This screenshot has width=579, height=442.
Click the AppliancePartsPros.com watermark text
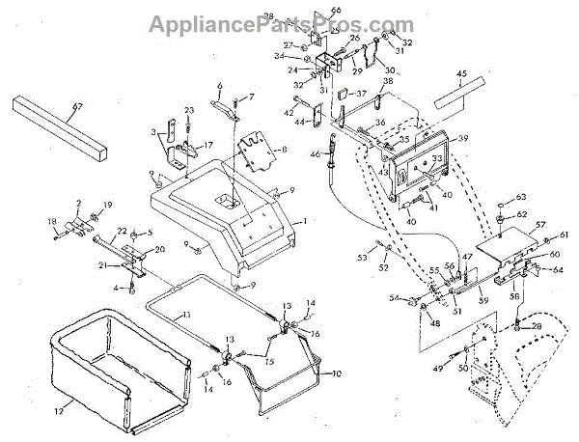pyautogui.click(x=289, y=20)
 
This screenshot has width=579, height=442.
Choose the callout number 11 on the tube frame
pyautogui.click(x=188, y=316)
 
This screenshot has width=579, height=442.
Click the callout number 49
pyautogui.click(x=439, y=369)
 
